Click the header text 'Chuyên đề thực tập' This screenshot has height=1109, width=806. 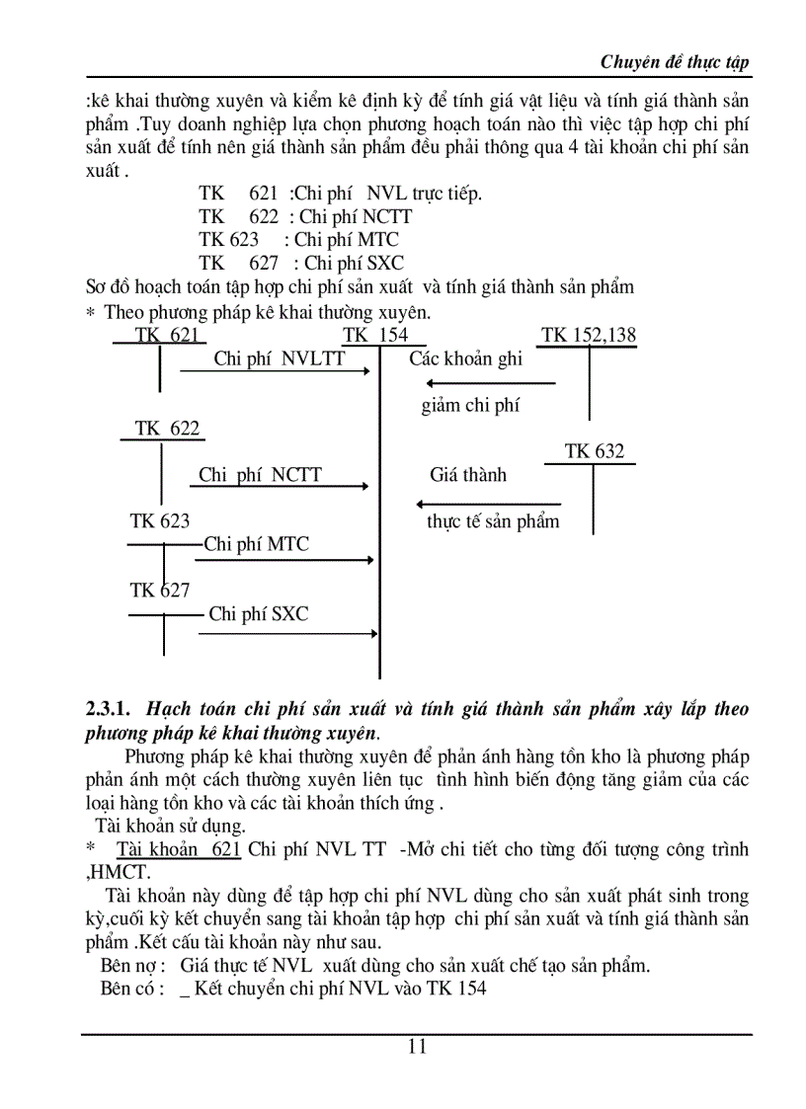point(675,62)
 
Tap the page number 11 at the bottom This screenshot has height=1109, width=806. point(417,1047)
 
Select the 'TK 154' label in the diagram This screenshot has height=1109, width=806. point(375,335)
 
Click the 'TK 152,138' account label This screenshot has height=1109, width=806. point(590,335)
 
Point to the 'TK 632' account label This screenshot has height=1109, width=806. point(595,451)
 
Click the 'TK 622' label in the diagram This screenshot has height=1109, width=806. point(167,428)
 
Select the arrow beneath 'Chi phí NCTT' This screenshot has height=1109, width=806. point(280,486)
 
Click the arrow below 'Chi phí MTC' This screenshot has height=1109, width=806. point(284,560)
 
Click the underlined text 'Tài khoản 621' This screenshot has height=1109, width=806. point(178,849)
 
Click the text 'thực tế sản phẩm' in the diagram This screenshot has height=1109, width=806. point(493,521)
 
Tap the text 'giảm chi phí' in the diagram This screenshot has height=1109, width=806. point(470,405)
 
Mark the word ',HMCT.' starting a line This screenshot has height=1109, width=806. point(119,872)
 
